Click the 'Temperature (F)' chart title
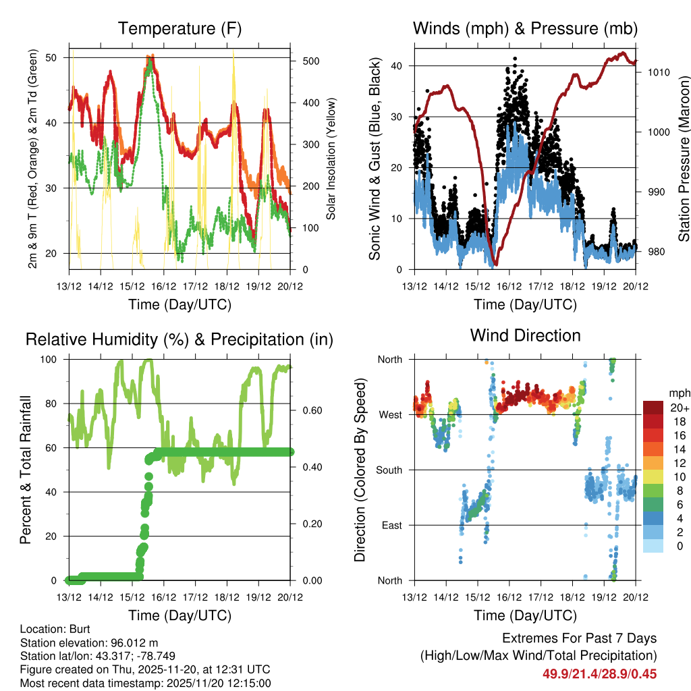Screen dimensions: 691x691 tap(179, 29)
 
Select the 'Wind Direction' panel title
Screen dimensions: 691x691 tap(525, 335)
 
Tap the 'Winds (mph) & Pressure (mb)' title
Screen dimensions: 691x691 tap(525, 29)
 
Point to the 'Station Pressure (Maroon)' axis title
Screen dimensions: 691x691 tap(684, 159)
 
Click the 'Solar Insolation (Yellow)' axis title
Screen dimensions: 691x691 tap(331, 159)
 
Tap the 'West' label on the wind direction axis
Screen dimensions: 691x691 tap(390, 414)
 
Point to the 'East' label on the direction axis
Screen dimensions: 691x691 tap(391, 525)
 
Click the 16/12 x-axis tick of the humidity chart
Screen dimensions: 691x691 tap(163, 597)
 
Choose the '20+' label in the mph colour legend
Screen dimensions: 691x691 tap(678, 408)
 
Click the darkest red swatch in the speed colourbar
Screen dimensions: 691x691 tap(653, 408)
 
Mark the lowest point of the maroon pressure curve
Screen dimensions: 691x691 tap(495, 264)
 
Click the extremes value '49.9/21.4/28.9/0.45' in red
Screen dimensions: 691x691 tap(599, 674)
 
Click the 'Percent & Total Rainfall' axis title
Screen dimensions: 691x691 tap(26, 470)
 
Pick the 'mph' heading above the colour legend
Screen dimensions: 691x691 tap(679, 393)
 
